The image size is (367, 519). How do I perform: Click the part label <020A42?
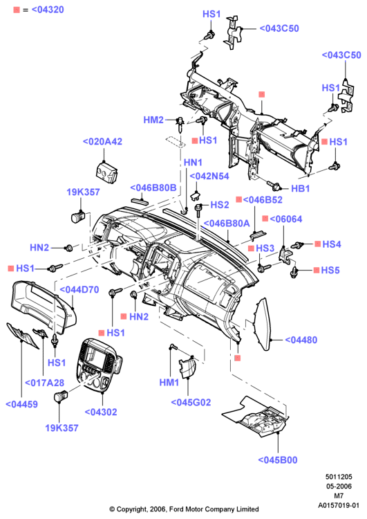click(102, 141)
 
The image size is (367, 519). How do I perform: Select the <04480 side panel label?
click(301, 340)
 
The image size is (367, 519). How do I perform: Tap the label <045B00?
click(278, 459)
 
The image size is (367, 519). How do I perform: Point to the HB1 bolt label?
click(300, 189)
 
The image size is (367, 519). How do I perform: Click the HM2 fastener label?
click(153, 120)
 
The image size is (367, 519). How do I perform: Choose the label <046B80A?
click(227, 224)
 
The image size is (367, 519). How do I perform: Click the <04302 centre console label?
click(101, 412)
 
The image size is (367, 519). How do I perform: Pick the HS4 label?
click(332, 244)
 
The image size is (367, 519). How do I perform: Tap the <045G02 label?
click(191, 403)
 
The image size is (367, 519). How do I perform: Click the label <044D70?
click(79, 290)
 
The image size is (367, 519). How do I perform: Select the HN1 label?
click(193, 163)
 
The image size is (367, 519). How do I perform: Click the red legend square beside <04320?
click(17, 10)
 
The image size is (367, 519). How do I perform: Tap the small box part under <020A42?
click(106, 172)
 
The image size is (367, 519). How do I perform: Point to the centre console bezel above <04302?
click(98, 365)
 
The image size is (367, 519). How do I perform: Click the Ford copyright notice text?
click(184, 509)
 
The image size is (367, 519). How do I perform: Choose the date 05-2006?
click(339, 486)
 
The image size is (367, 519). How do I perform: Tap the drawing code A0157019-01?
click(339, 505)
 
